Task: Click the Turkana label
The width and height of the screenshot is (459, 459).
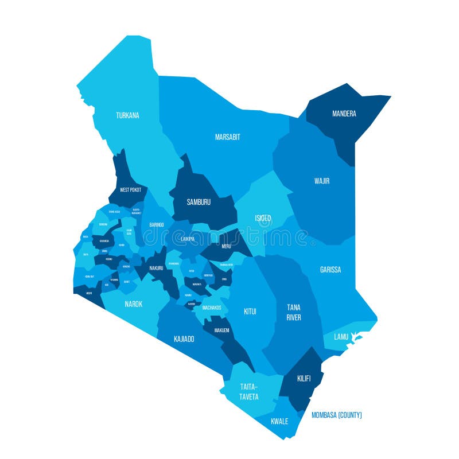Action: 127,115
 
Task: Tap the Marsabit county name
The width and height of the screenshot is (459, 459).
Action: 227,137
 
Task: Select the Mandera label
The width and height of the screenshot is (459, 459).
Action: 344,114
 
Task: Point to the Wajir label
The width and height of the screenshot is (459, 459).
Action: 322,181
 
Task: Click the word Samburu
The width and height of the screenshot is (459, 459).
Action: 199,202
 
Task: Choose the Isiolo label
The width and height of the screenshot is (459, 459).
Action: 263,219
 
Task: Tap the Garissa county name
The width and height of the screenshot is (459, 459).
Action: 330,269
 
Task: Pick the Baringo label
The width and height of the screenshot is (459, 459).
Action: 156,224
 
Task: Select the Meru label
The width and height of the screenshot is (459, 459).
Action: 226,247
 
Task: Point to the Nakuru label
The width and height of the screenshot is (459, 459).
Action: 156,268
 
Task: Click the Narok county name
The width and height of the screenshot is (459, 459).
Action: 133,304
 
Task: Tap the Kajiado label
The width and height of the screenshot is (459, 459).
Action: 184,339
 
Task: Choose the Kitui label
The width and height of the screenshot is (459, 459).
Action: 250,312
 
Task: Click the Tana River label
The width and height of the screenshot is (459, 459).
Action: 293,312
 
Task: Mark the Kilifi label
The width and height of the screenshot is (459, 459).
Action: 304,379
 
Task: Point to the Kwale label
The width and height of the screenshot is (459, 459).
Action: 279,421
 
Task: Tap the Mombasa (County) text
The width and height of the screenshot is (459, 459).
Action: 336,415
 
